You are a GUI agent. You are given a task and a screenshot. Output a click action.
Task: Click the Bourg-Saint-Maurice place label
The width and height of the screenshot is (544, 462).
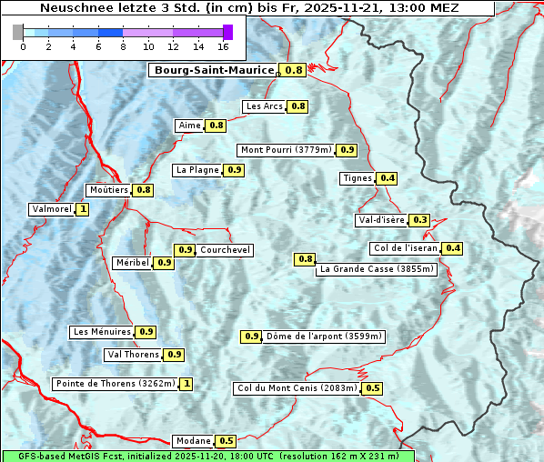213,70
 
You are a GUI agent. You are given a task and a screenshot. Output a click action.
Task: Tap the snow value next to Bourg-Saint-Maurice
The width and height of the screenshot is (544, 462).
294,70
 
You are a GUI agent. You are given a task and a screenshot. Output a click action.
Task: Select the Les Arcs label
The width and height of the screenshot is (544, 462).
264,106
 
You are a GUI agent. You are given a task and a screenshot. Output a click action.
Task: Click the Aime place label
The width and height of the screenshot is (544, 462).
189,126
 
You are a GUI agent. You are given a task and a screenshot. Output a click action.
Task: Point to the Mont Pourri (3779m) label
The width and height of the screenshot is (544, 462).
286,150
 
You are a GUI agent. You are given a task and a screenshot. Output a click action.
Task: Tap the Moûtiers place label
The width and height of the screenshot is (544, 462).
108,190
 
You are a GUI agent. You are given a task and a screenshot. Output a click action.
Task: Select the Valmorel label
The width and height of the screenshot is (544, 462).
51,209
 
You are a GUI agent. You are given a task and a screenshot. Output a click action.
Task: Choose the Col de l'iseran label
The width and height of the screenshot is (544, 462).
406,248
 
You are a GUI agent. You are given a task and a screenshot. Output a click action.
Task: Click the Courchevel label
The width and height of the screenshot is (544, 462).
225,250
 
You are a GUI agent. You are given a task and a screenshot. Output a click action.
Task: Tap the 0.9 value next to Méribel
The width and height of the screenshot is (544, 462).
165,263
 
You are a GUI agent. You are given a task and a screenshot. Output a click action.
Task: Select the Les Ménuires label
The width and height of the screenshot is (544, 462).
102,332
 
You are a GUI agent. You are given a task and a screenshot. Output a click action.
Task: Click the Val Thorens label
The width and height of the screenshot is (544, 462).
133,355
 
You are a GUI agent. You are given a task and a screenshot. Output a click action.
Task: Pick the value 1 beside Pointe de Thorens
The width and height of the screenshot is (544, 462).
186,384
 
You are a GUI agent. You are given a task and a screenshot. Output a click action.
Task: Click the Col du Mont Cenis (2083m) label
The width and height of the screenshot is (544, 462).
297,388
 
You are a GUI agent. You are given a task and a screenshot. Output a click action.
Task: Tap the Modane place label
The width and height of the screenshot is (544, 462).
193,441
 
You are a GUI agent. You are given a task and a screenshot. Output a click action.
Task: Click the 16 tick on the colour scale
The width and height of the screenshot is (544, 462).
222,46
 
